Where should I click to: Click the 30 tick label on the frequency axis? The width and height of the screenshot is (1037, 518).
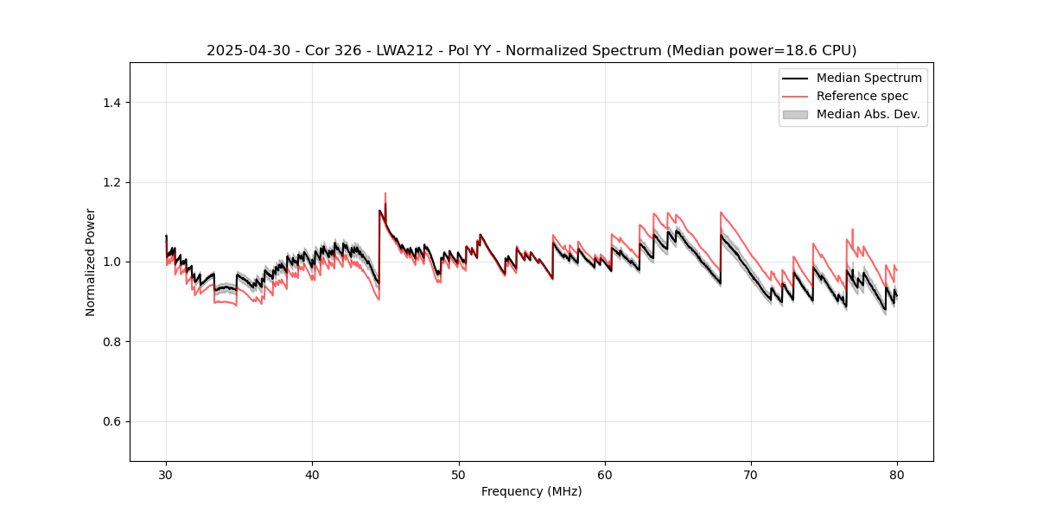[x=166, y=474]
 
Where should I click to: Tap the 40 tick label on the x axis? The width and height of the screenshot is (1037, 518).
[x=312, y=474]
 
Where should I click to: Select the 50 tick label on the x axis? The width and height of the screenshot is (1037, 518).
[x=459, y=474]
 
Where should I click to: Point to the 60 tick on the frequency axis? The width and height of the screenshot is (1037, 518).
[x=605, y=474]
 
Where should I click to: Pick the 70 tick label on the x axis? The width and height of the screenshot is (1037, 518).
[x=751, y=474]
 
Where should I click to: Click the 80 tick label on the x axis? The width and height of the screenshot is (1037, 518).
[x=897, y=474]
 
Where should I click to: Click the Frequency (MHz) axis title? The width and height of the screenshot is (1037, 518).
[x=531, y=491]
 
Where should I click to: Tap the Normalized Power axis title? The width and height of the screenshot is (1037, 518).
[x=91, y=262]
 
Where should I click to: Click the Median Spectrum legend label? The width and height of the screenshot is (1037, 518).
[x=868, y=78]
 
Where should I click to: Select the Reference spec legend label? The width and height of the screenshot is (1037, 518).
[x=862, y=96]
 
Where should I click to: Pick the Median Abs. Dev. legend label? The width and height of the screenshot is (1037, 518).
[x=868, y=114]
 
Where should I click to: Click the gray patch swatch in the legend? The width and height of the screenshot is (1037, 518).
[x=795, y=114]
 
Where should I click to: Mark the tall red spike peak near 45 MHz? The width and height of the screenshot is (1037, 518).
[x=385, y=193]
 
